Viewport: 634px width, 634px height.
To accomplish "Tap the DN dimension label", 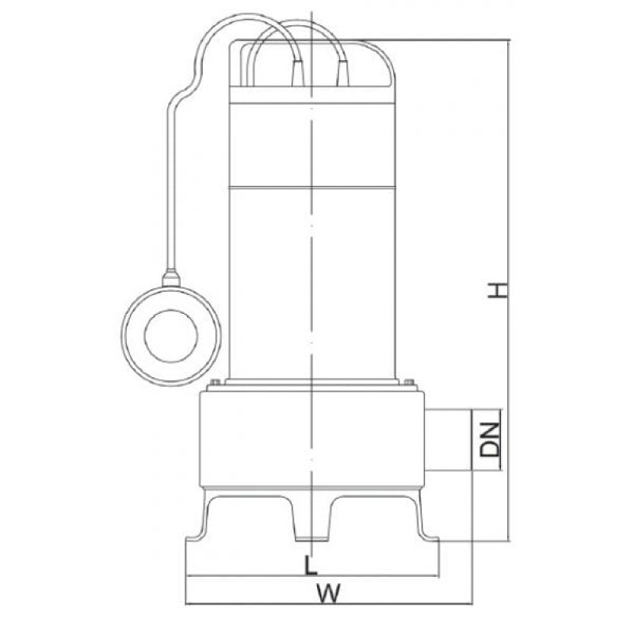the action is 490,440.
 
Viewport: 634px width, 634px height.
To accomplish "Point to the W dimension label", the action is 328,593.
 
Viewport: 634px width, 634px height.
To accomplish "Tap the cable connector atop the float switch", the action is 171,279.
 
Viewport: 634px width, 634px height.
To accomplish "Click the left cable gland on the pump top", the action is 298,73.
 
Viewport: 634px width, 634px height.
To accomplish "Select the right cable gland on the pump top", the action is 342,73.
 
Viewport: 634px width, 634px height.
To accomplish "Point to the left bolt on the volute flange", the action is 215,382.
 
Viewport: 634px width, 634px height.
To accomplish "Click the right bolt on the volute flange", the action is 409,382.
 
